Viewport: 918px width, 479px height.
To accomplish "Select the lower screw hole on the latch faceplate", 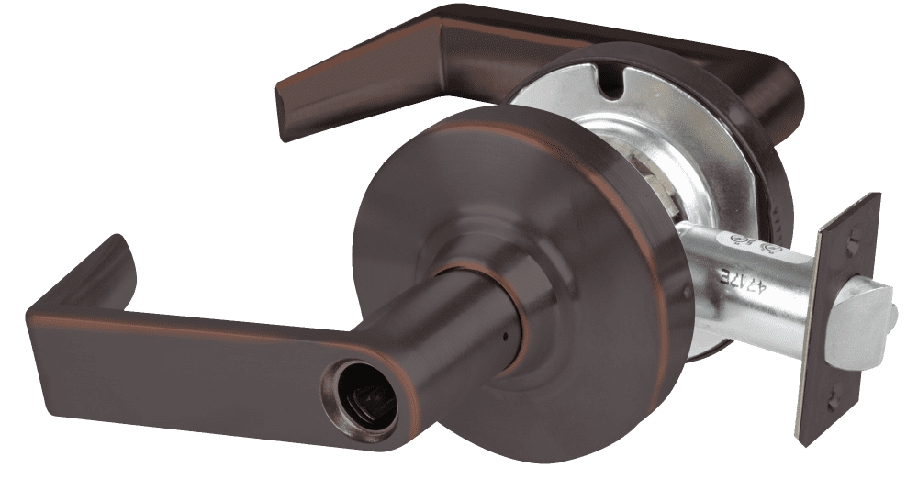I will click(x=832, y=402).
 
